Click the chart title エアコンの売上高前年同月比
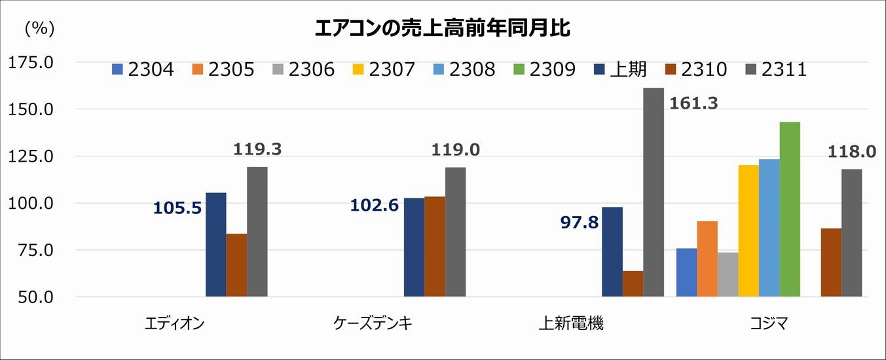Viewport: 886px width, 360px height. pos(443,28)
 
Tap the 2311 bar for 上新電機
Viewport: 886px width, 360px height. pos(653,192)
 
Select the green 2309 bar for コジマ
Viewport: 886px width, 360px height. pos(790,209)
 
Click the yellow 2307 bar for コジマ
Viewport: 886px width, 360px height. pos(748,230)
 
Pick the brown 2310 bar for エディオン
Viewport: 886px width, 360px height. pos(236,265)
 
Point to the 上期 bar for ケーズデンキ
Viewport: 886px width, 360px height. pos(414,247)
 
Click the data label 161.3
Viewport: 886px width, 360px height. pos(693,103)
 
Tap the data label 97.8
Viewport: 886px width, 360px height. pos(580,223)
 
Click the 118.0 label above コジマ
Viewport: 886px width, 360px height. pos(851,152)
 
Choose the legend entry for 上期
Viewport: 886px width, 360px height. pos(621,69)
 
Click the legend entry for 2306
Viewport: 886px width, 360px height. pos(303,69)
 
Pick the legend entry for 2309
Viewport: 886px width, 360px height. pos(544,69)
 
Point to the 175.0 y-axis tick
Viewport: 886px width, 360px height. pos(29,63)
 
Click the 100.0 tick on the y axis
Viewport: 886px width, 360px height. pos(29,204)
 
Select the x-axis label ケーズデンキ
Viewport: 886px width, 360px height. pos(373,323)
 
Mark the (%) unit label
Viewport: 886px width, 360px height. pos(39,29)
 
